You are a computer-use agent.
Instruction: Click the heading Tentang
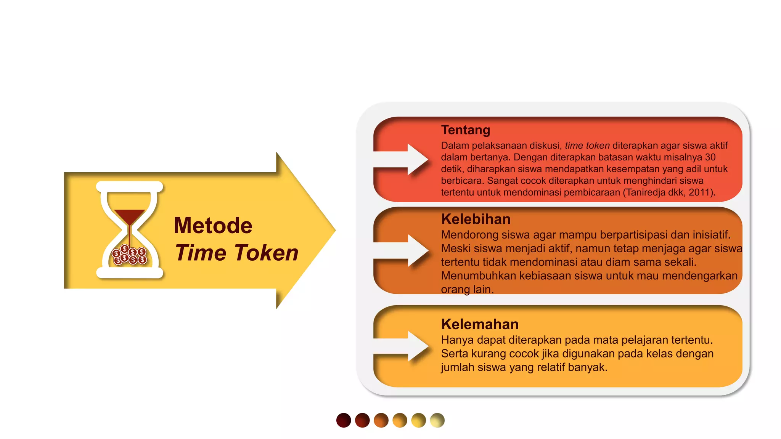click(x=465, y=130)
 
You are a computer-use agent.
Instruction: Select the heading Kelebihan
click(x=476, y=219)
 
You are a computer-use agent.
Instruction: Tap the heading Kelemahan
click(x=480, y=324)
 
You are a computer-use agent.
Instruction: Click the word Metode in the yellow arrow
click(x=213, y=226)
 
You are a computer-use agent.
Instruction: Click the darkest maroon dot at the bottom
click(x=344, y=420)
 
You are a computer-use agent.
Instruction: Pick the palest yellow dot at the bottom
click(x=437, y=420)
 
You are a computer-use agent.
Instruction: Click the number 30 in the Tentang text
click(x=710, y=157)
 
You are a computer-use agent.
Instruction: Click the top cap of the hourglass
click(x=130, y=187)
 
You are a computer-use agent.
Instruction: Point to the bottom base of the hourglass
click(x=130, y=273)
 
